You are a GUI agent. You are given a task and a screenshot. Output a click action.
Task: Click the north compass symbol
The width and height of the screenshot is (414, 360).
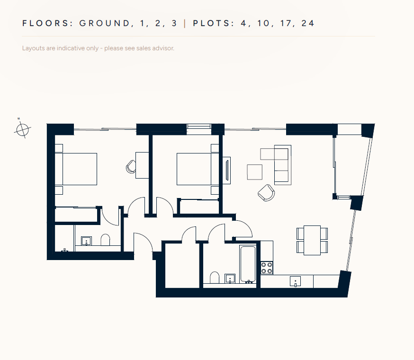pyautogui.click(x=22, y=129)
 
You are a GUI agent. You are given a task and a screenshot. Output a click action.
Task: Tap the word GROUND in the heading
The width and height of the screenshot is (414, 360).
pyautogui.click(x=105, y=23)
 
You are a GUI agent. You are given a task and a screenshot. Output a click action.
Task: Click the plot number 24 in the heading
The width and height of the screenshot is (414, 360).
pyautogui.click(x=308, y=23)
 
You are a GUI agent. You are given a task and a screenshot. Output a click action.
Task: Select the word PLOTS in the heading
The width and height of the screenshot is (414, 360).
pyautogui.click(x=212, y=23)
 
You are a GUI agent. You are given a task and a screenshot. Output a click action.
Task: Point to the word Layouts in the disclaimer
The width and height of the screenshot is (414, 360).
pyautogui.click(x=34, y=48)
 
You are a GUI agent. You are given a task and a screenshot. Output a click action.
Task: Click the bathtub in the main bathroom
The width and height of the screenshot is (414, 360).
pyautogui.click(x=248, y=264)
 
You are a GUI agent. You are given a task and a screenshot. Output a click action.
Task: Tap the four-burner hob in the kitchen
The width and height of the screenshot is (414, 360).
pyautogui.click(x=267, y=268)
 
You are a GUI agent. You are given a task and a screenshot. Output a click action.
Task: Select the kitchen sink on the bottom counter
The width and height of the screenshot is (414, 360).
pyautogui.click(x=295, y=281)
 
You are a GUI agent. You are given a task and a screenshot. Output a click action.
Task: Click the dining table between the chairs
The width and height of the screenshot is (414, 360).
pyautogui.click(x=312, y=240)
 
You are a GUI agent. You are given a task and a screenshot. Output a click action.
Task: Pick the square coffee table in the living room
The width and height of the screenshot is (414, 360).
pyautogui.click(x=255, y=172)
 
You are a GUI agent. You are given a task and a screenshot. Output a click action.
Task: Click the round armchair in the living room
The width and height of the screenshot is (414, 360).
pyautogui.click(x=266, y=193)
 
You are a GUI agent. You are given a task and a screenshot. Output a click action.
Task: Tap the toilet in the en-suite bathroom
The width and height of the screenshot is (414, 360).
pyautogui.click(x=105, y=240)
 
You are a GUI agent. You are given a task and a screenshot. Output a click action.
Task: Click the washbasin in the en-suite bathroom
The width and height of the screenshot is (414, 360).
pyautogui.click(x=86, y=241)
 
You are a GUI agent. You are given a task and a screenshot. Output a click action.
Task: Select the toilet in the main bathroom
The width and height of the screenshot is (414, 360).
pyautogui.click(x=215, y=277)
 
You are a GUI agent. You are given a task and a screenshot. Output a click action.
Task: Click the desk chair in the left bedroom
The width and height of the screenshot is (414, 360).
pyautogui.click(x=131, y=167)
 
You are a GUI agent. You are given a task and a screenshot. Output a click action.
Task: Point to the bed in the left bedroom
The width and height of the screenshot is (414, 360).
pyautogui.click(x=76, y=169)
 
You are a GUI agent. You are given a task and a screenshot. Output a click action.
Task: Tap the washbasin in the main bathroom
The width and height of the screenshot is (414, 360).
pyautogui.click(x=230, y=279)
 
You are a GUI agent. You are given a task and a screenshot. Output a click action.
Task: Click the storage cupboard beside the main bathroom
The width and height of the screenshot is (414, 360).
pyautogui.click(x=182, y=265)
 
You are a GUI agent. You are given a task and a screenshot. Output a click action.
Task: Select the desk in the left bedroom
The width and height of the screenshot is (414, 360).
pyautogui.click(x=142, y=165)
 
